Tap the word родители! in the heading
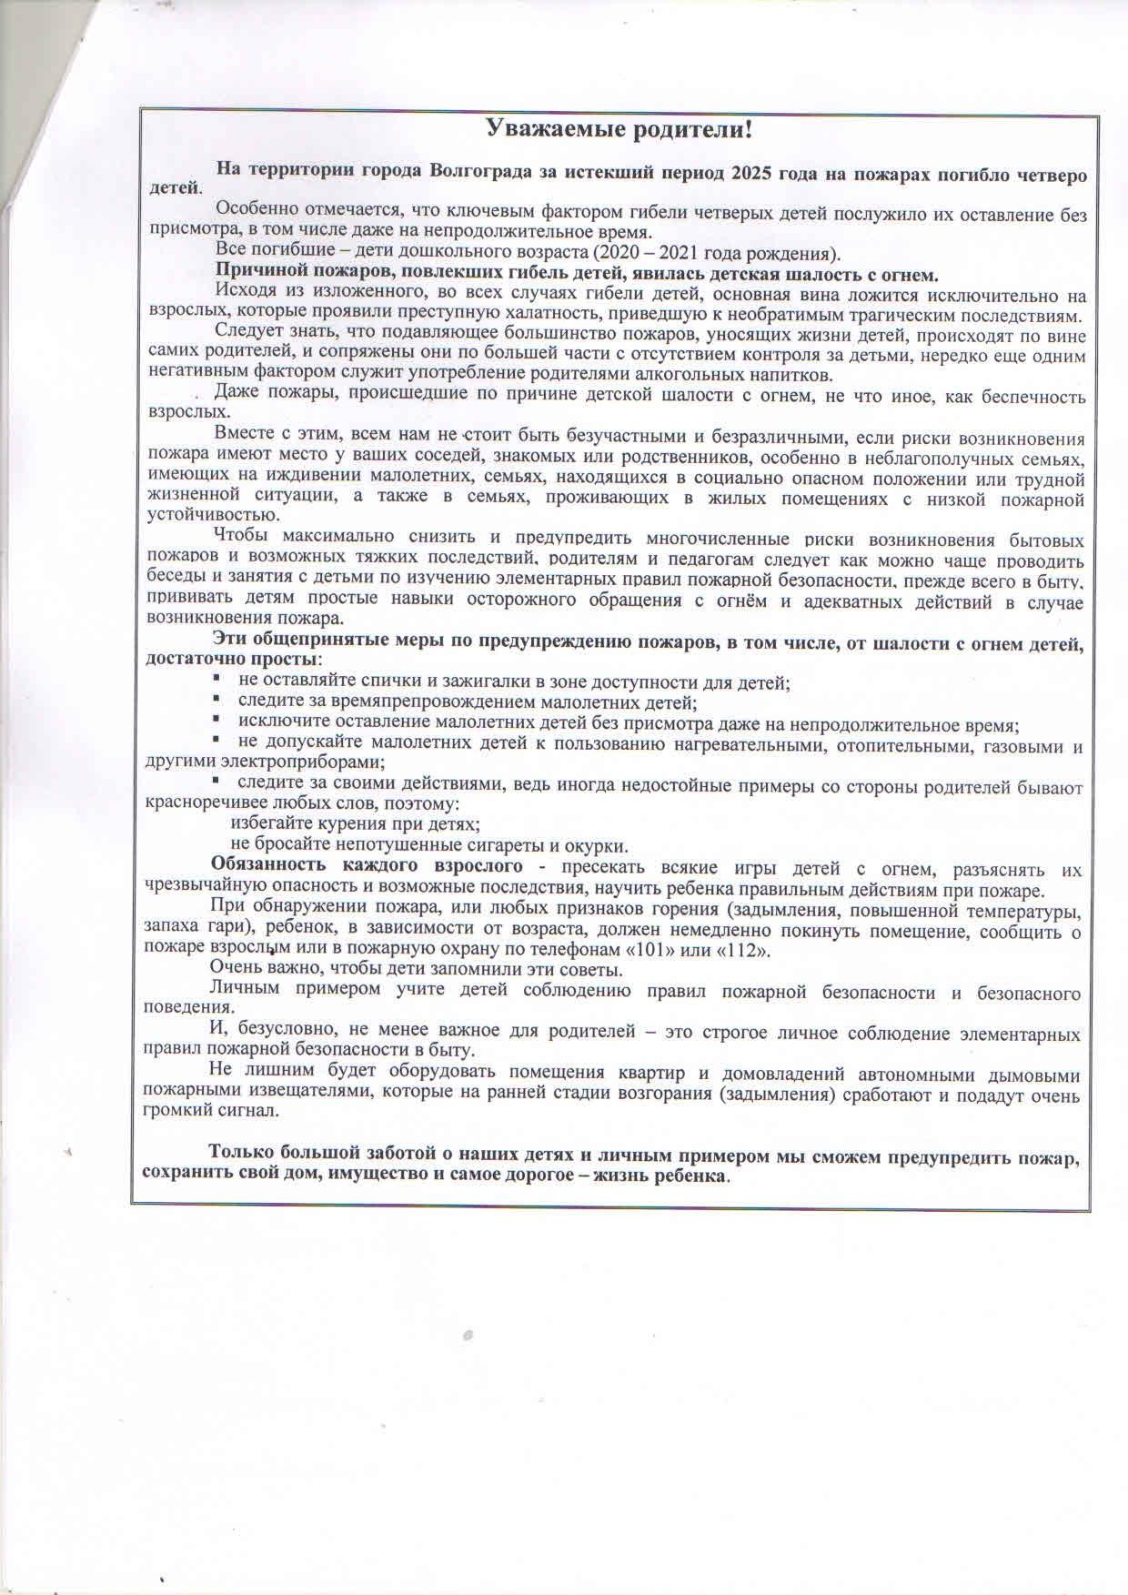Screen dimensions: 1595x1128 click(x=685, y=129)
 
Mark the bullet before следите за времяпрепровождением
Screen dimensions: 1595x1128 click(x=217, y=701)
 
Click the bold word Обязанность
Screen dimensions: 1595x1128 click(x=267, y=864)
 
